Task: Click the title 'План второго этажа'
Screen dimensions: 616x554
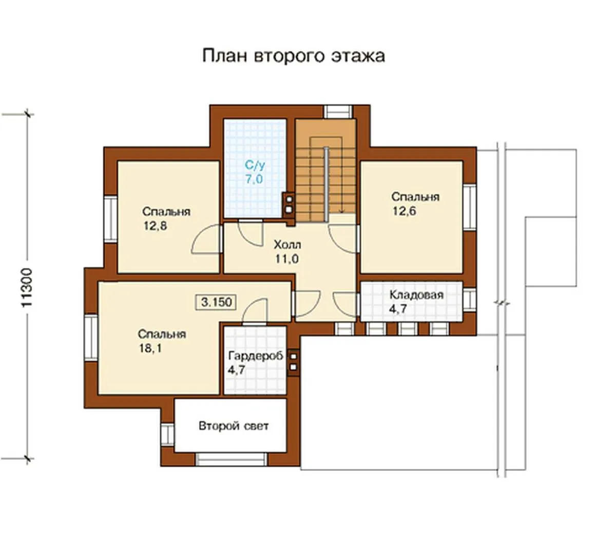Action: pos(293,56)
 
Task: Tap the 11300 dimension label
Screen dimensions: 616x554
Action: pos(28,288)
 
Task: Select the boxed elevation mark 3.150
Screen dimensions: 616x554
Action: pos(217,302)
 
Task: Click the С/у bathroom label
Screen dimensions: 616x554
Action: pos(255,165)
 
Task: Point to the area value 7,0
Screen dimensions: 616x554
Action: pos(254,179)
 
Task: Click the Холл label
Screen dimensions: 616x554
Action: pos(287,245)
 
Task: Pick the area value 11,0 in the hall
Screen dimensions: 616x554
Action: pos(287,259)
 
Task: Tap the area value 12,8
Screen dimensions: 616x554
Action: pos(156,226)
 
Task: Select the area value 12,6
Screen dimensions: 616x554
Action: pos(405,211)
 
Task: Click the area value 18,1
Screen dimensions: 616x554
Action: pos(150,348)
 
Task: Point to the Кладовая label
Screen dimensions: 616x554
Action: pos(417,295)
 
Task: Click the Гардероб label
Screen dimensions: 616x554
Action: pos(256,356)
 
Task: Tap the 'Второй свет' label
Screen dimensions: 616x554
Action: pos(234,426)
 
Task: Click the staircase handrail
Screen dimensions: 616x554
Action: pos(326,184)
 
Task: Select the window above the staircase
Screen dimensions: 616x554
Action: pos(339,112)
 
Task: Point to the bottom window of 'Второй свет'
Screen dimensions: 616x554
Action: pos(231,460)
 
